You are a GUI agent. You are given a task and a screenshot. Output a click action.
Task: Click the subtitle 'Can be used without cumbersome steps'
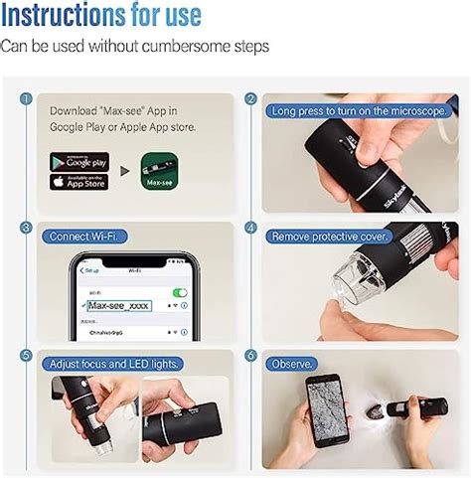134,47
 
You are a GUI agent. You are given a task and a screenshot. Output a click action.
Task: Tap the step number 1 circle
26,99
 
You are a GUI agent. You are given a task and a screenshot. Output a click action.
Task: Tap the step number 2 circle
250,99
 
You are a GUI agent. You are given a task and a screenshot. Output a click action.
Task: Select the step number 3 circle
26,228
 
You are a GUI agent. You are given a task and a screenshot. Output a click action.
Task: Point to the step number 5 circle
26,356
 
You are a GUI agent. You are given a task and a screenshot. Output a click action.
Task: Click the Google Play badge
79,161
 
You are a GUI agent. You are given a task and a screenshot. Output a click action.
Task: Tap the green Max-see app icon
159,171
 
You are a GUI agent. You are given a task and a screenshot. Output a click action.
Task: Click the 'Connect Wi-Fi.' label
82,237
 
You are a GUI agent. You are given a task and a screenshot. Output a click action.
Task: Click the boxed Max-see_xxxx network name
118,306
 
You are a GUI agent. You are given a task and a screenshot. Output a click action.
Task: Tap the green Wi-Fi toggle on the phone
179,292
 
